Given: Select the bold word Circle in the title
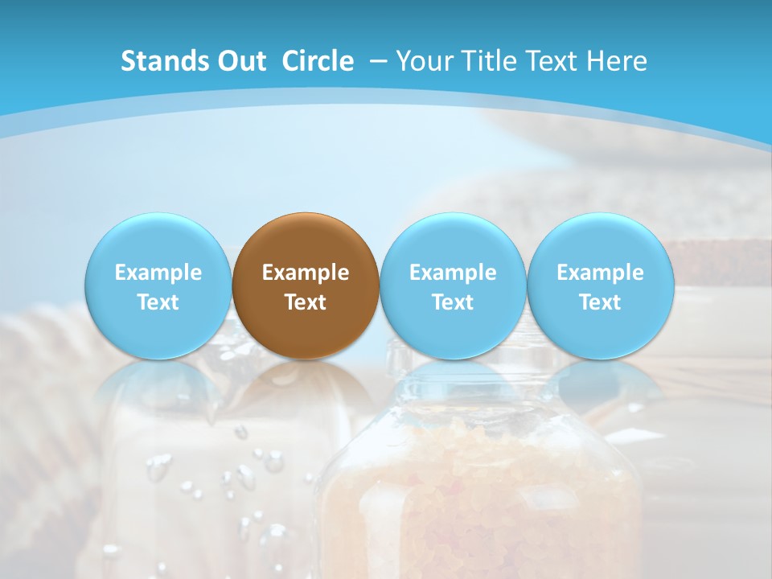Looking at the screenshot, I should pos(318,61).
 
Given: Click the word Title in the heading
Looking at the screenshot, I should pos(491,61).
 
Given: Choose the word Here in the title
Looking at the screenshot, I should pos(617,61).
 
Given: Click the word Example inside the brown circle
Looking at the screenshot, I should pos(306,273).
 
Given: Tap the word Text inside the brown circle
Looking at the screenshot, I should pos(306,302).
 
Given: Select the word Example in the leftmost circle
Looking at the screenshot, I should pos(158,273).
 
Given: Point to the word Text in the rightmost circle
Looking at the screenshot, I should pos(600,302).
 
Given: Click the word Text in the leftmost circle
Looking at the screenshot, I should pos(158,302).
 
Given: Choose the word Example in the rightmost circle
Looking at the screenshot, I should pos(600,273).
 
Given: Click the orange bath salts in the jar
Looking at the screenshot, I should pos(474,499).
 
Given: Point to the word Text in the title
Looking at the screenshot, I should pos(554,61).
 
